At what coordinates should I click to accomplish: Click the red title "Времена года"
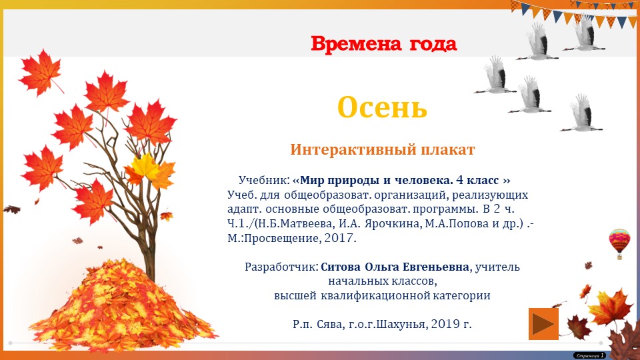(383, 45)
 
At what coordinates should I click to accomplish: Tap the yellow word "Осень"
(381, 107)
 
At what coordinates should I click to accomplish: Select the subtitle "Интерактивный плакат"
(382, 149)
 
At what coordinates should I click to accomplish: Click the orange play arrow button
(543, 323)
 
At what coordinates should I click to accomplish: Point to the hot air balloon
(619, 242)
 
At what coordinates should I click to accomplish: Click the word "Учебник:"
(264, 181)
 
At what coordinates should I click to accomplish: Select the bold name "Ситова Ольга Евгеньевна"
(395, 267)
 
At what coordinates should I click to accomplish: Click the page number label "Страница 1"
(589, 355)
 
